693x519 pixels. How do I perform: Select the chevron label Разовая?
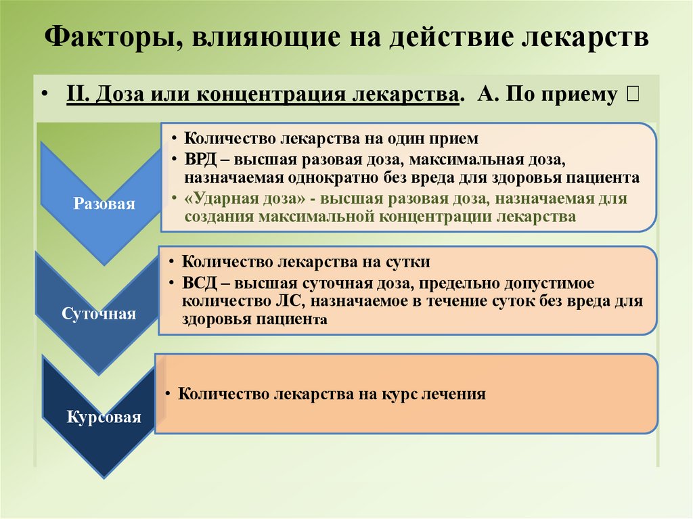tap(104, 204)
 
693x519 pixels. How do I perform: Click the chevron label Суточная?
tap(99, 314)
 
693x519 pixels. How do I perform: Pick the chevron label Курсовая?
tap(104, 417)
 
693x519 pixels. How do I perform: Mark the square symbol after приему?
tap(631, 94)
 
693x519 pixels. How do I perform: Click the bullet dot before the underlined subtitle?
tap(44, 94)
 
